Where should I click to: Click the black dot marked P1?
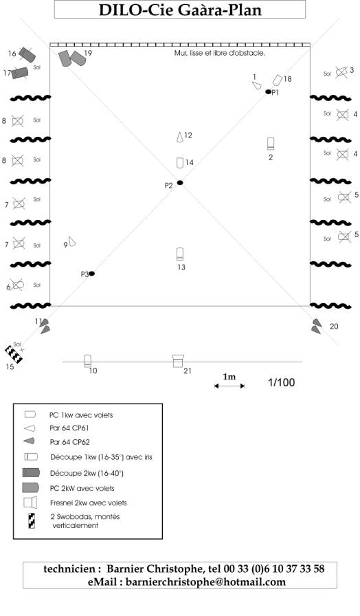(x=268, y=91)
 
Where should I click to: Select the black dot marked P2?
(x=180, y=183)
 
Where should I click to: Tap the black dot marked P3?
(x=91, y=274)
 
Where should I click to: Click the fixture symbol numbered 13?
(x=180, y=254)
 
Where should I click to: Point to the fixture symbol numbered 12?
(x=179, y=137)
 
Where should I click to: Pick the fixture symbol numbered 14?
(x=180, y=163)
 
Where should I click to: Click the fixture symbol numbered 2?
(x=271, y=144)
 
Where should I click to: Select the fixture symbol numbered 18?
(x=277, y=80)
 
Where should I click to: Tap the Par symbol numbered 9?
(x=71, y=241)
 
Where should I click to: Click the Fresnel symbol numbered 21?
(x=178, y=361)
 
